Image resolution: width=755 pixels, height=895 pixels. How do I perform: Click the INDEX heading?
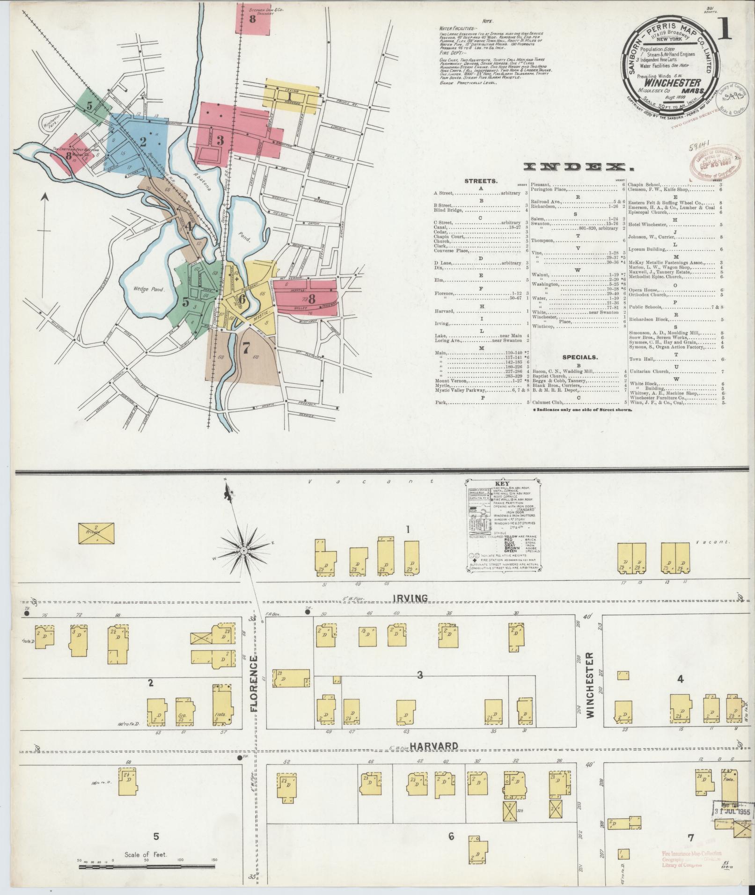click(x=576, y=167)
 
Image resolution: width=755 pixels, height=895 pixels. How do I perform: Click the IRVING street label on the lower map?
click(x=405, y=598)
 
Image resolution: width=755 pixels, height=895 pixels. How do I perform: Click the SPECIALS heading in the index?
click(x=579, y=357)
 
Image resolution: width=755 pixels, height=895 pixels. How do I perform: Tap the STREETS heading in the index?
click(x=481, y=180)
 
